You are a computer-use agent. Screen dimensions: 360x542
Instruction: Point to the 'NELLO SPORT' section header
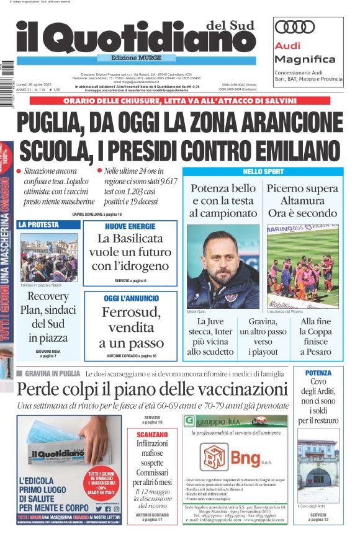pyautogui.click(x=263, y=171)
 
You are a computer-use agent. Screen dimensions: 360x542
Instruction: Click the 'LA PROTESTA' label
pyautogui.click(x=38, y=224)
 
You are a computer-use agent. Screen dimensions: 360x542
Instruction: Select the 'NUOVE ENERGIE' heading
pyautogui.click(x=130, y=226)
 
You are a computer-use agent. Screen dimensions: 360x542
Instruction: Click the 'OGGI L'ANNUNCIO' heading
pyautogui.click(x=130, y=299)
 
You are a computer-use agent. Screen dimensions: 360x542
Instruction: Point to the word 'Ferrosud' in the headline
pyautogui.click(x=131, y=312)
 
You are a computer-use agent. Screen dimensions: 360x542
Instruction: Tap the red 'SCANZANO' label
pyautogui.click(x=151, y=435)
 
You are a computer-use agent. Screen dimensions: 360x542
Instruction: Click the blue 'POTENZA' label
pyautogui.click(x=318, y=373)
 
